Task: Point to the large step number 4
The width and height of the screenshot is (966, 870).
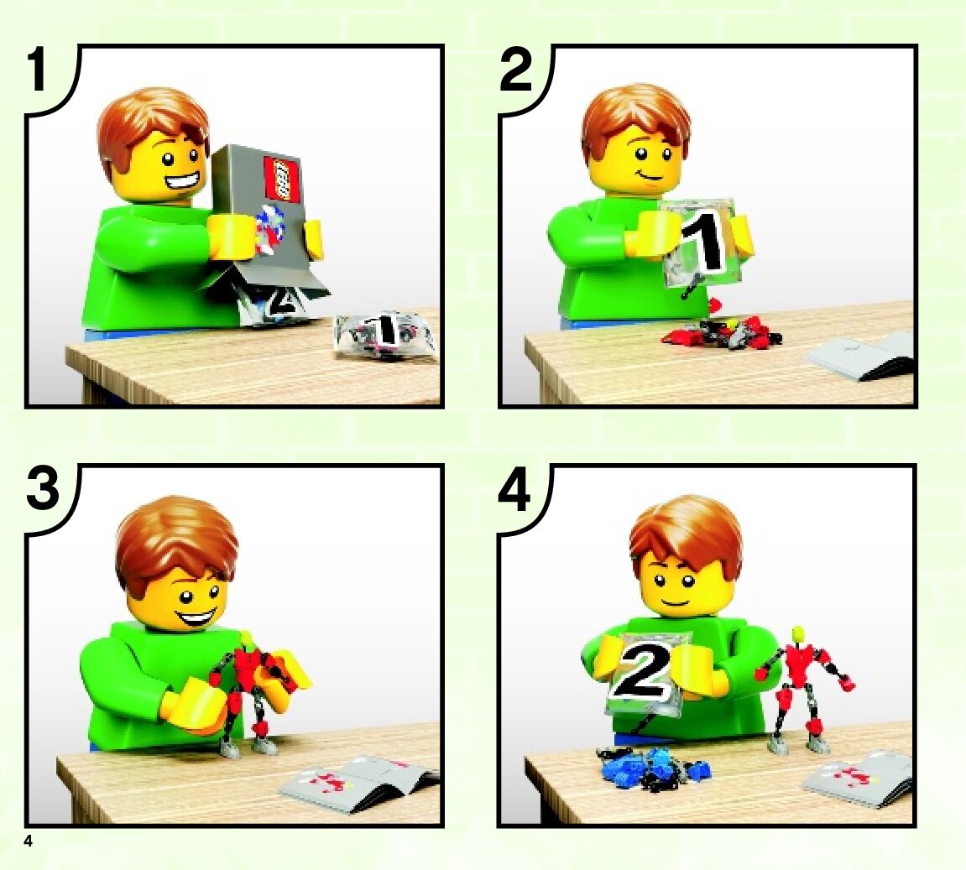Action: tap(515, 490)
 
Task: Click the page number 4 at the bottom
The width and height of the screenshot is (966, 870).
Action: tap(28, 841)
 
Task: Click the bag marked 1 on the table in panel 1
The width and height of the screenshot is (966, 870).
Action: tap(385, 335)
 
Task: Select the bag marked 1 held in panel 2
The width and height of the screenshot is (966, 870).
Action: tap(701, 245)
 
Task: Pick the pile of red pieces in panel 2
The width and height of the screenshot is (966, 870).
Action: tap(722, 332)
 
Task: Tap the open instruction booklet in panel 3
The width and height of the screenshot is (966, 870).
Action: tap(358, 782)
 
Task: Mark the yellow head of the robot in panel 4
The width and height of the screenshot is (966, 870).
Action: tap(798, 633)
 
